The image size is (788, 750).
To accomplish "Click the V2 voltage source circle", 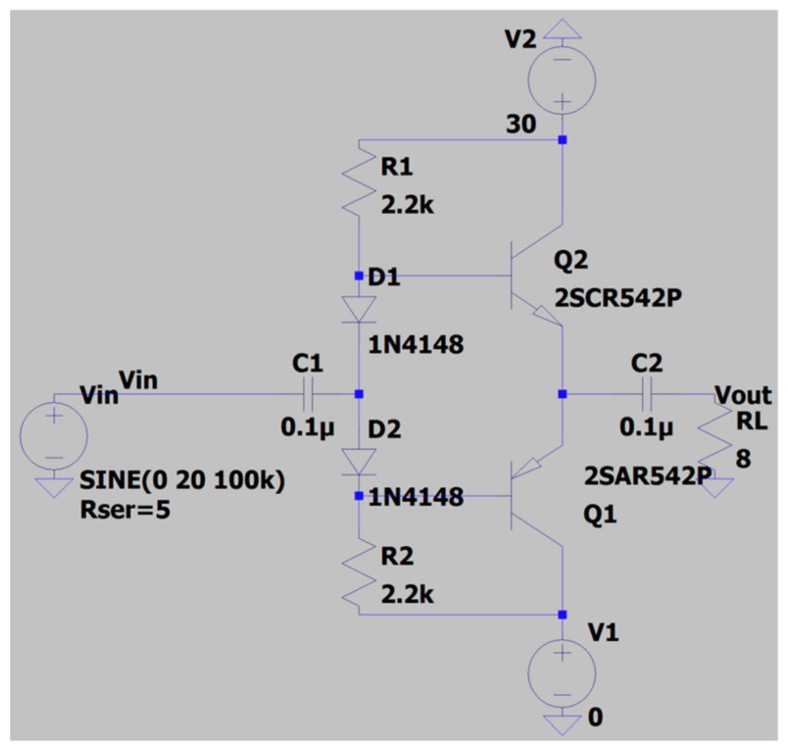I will (x=562, y=80).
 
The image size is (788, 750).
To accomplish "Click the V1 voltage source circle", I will (x=562, y=673).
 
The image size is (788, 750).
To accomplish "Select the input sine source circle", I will (x=54, y=436).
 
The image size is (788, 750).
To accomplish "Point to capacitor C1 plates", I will (x=309, y=394).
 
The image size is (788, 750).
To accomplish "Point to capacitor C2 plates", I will (x=647, y=394).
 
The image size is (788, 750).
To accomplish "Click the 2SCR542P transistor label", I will (x=618, y=298).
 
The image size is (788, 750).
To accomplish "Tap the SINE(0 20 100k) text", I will (x=182, y=480).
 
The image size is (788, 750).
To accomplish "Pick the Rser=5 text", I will (x=125, y=509).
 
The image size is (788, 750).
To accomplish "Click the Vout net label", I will (x=743, y=395).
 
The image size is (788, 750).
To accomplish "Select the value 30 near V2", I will (x=521, y=124).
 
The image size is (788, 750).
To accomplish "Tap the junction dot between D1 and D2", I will (x=359, y=394).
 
